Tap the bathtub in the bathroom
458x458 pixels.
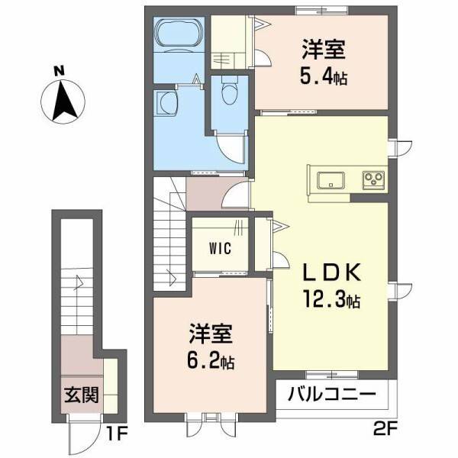(177, 35)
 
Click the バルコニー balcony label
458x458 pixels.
(331, 395)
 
